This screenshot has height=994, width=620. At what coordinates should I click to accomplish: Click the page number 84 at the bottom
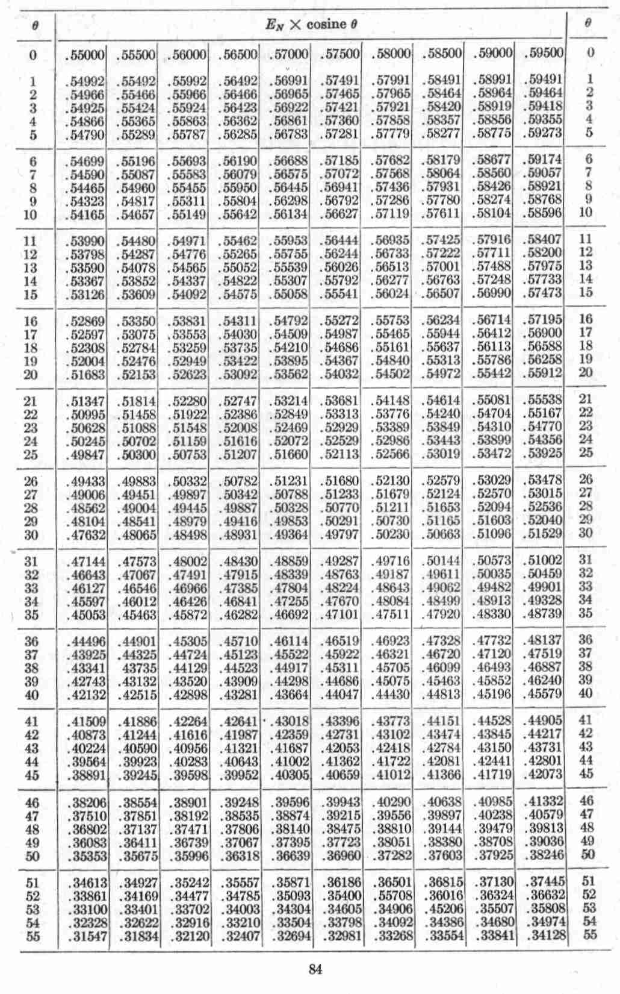(x=315, y=969)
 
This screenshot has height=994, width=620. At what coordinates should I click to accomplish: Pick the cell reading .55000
(x=84, y=55)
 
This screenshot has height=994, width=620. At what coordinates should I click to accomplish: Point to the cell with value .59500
(x=543, y=52)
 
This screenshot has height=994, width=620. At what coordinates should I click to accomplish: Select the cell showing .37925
(x=493, y=855)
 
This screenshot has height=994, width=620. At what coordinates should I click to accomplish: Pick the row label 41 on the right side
(x=586, y=720)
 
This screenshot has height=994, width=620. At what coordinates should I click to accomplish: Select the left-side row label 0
(x=33, y=55)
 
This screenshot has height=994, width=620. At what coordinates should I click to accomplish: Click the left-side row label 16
(x=30, y=321)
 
